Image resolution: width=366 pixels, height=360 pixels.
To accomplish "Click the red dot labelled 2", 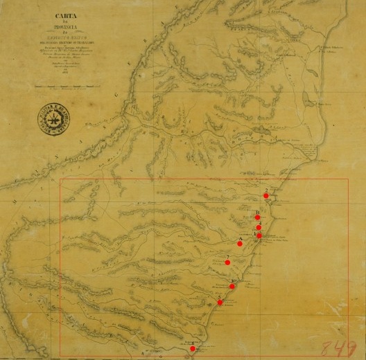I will pyautogui.click(x=265, y=196).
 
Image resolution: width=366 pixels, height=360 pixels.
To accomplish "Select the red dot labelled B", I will pyautogui.click(x=257, y=217).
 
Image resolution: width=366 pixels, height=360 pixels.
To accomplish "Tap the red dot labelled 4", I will pyautogui.click(x=259, y=227).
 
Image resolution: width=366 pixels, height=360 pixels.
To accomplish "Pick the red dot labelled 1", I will pyautogui.click(x=259, y=235).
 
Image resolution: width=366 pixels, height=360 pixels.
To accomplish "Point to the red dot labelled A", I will pyautogui.click(x=240, y=244).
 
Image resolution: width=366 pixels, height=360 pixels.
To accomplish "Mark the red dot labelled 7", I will pyautogui.click(x=227, y=262).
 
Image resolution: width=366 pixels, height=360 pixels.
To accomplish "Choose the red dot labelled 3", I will pyautogui.click(x=232, y=286).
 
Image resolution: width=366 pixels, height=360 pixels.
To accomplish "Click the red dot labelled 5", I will pyautogui.click(x=220, y=303).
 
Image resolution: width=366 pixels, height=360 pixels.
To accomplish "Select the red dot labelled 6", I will pyautogui.click(x=193, y=349).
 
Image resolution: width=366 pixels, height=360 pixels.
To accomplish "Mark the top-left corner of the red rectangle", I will pyautogui.click(x=60, y=179).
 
